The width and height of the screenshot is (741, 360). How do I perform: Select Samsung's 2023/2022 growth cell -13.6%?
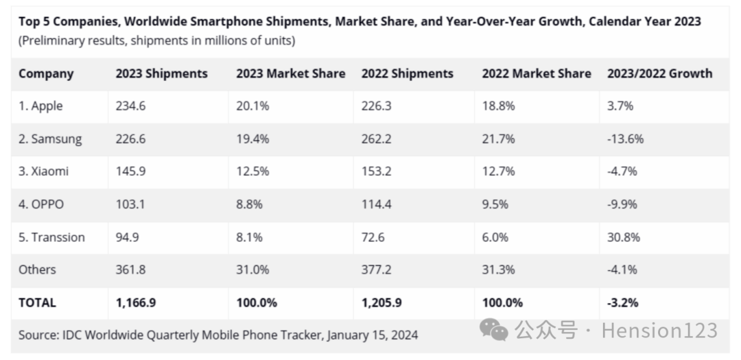tap(625, 139)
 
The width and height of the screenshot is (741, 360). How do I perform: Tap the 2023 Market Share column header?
tap(290, 73)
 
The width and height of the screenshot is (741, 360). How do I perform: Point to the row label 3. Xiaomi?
tap(43, 171)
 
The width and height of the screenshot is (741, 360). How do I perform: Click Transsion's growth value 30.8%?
tap(624, 237)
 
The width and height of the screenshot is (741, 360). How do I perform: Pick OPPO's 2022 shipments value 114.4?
tap(377, 204)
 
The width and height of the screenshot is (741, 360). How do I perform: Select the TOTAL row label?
tap(37, 302)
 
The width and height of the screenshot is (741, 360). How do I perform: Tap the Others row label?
tap(37, 270)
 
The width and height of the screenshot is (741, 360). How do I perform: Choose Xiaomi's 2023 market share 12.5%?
tap(253, 171)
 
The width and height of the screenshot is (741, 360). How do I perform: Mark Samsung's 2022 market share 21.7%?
tap(498, 139)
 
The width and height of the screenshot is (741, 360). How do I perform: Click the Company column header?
tap(45, 73)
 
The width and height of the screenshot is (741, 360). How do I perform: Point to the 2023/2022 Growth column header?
tap(659, 73)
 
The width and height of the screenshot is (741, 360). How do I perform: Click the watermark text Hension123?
tap(659, 331)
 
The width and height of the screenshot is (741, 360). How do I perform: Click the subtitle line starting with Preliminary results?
tap(156, 40)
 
